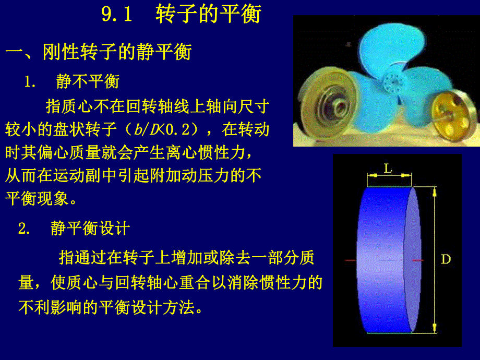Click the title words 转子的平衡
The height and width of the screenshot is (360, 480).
[208, 15]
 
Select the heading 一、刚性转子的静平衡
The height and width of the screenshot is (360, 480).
[99, 52]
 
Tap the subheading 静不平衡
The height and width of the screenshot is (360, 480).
[88, 81]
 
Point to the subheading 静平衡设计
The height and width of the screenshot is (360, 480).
[90, 229]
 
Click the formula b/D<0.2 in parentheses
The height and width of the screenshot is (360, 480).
[171, 128]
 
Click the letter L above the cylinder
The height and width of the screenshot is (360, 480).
[388, 168]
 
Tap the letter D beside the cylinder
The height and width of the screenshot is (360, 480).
[446, 259]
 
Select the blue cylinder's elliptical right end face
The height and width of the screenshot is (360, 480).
[413, 259]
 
